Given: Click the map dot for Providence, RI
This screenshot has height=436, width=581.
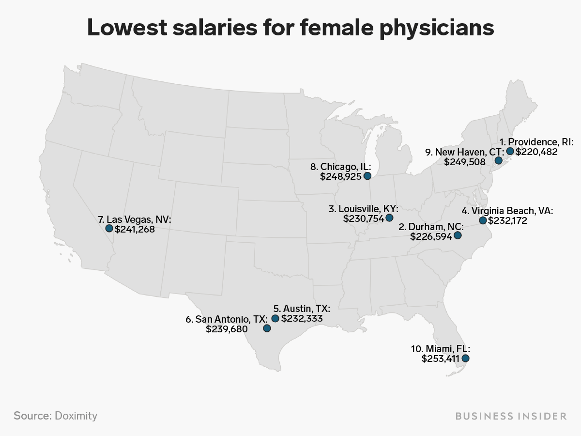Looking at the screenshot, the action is [510, 151].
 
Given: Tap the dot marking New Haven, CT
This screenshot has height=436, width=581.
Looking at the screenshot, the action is [498, 160].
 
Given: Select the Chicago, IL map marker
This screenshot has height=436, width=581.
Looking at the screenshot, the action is [367, 176].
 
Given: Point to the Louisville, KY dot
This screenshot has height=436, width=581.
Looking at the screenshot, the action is [389, 218].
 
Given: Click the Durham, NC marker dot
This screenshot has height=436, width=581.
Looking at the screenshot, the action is [458, 235].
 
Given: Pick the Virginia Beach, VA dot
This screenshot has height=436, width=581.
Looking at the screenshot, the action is [483, 220].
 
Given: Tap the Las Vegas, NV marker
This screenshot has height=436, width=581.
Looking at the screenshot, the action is [109, 228].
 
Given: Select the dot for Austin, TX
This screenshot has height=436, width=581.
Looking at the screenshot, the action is [275, 318].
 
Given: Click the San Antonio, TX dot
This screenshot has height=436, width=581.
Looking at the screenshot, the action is [267, 328].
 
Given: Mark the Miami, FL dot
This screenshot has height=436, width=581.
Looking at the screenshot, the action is [466, 358].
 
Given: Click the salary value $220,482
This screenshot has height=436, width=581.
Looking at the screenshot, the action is [536, 152].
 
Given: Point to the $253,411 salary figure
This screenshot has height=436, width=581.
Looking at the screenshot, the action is [441, 358].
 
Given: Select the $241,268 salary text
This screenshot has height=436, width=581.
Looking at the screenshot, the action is [135, 229].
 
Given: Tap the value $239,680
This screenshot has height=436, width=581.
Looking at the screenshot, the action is [227, 329].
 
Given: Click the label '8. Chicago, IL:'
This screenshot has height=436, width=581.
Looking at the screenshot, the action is [341, 167].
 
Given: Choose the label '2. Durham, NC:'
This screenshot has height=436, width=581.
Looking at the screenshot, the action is [431, 227].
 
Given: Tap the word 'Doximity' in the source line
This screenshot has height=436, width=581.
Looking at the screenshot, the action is [76, 416].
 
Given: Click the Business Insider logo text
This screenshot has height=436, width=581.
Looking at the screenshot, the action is [511, 417].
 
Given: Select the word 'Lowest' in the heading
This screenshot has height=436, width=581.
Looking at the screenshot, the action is [127, 28].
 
